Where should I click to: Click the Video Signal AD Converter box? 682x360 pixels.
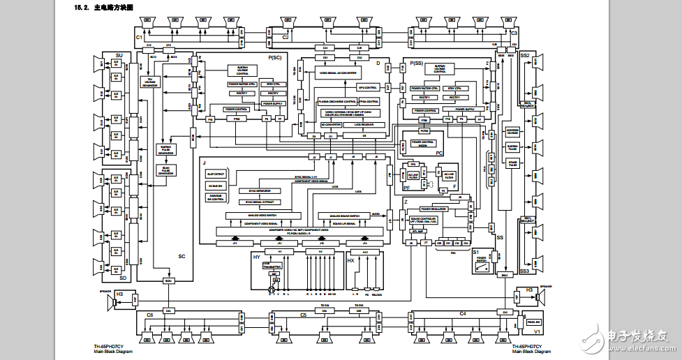point(339,73)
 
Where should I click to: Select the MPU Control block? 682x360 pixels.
point(367,87)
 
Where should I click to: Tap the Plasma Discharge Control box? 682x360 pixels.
point(338,101)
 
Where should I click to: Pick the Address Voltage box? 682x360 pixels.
point(512,130)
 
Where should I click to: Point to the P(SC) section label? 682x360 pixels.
point(274,57)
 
